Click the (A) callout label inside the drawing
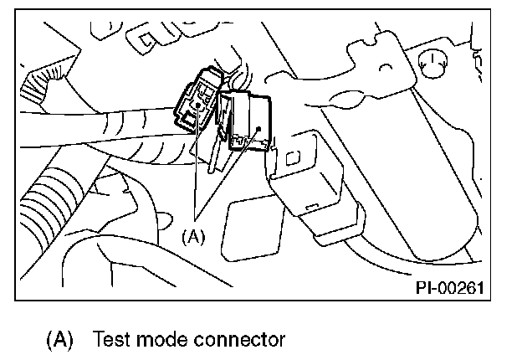pyautogui.click(x=193, y=236)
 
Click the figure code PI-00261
pyautogui.click(x=450, y=287)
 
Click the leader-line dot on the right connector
pyautogui.click(x=260, y=131)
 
